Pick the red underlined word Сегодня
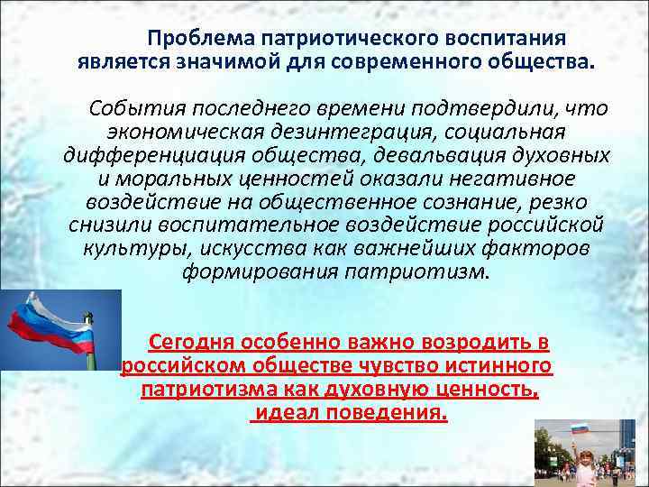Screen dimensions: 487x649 [192, 343]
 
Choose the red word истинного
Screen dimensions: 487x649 [495, 366]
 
